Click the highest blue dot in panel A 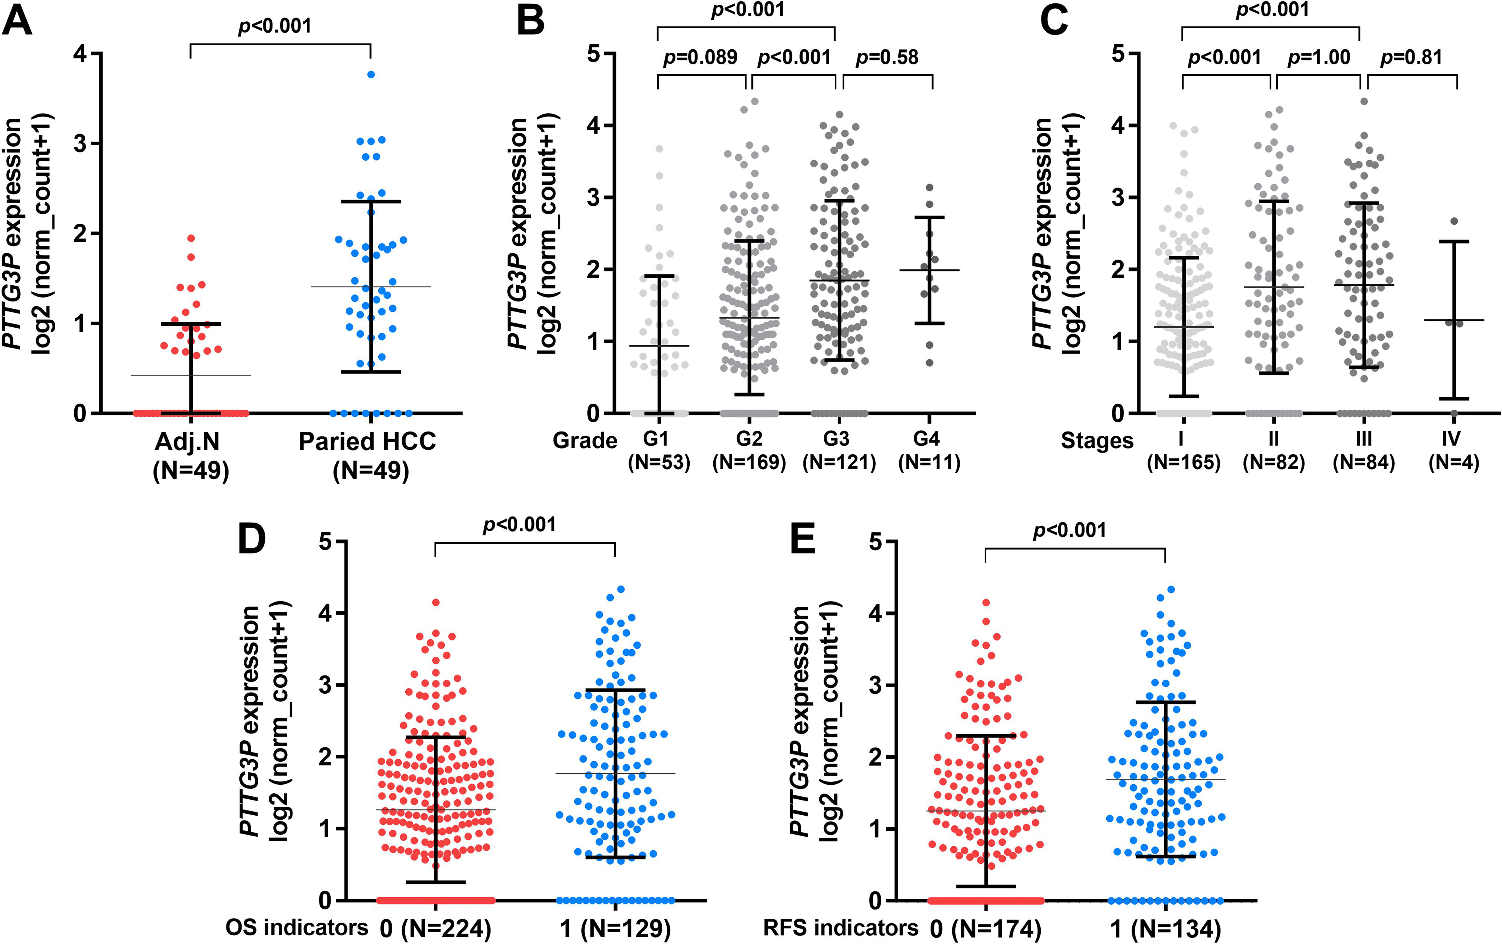pos(371,74)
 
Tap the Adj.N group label pos(188,441)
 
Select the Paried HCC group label pos(368,441)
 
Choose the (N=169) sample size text pos(749,462)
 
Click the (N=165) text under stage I pos(1183,462)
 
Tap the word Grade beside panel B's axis pos(585,441)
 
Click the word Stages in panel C pos(1097,441)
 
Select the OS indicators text pos(297,927)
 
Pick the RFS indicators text pos(841,927)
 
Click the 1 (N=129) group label pos(616,929)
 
